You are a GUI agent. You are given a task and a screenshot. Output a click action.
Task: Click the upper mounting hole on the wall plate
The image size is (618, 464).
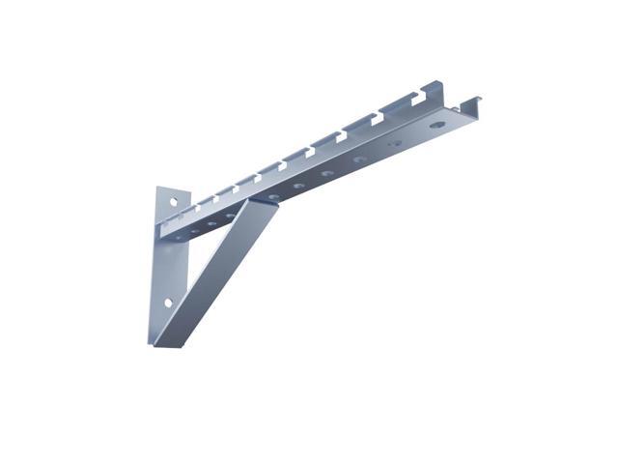click(174, 203)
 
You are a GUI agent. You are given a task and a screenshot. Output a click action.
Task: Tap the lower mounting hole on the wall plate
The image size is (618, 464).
click(167, 303)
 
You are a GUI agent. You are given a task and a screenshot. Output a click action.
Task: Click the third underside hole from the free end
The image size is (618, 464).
click(328, 172)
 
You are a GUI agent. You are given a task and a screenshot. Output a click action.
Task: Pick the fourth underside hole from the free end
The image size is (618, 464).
click(299, 184)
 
